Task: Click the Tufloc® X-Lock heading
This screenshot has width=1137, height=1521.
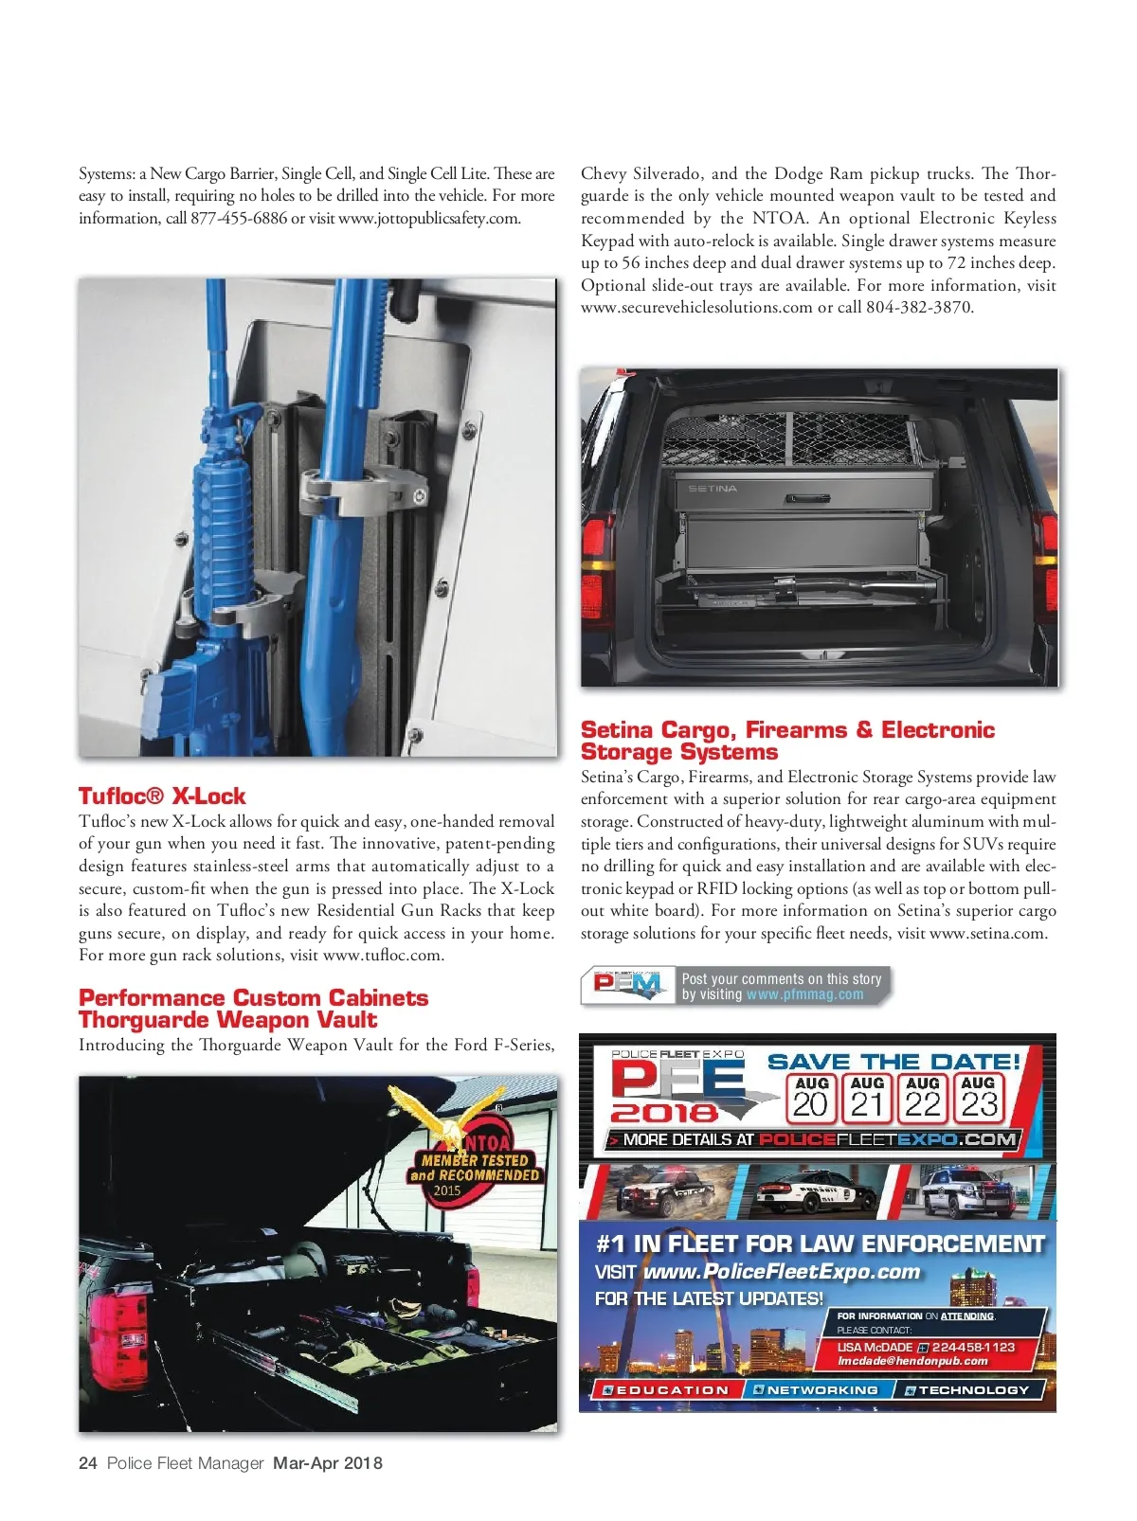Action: (x=162, y=796)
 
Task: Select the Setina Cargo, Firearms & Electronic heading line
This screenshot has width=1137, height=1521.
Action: (x=787, y=730)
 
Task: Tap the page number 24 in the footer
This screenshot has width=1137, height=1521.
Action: (x=88, y=1463)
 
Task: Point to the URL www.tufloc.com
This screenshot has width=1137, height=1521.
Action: (x=382, y=955)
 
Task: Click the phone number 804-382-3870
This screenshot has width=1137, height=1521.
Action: (x=919, y=307)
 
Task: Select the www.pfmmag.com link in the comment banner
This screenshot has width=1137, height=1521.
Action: (x=804, y=994)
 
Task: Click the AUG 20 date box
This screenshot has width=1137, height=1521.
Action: (x=811, y=1098)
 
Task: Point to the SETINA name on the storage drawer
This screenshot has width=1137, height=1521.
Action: (x=713, y=489)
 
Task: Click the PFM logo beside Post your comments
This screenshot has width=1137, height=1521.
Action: (x=627, y=986)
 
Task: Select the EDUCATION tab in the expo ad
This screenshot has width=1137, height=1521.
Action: (x=663, y=1389)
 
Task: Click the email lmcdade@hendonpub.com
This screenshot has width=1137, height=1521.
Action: (x=911, y=1361)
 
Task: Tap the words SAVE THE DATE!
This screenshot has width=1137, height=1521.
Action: (x=893, y=1062)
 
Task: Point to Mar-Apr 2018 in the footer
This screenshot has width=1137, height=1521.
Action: (x=328, y=1463)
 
